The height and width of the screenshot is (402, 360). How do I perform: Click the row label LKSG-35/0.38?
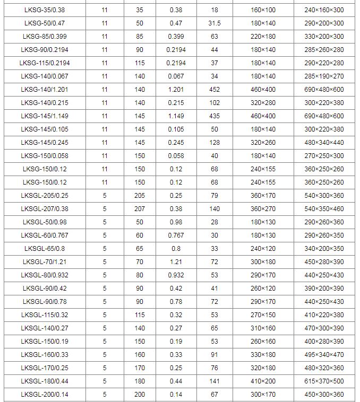click(x=45, y=10)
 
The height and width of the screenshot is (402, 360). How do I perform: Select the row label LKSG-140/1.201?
click(x=45, y=90)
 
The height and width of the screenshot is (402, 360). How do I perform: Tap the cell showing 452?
click(x=215, y=90)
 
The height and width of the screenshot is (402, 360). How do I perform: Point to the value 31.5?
click(x=215, y=23)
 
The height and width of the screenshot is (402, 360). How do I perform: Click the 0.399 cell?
click(x=176, y=37)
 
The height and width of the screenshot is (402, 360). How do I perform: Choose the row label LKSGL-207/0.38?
click(x=45, y=209)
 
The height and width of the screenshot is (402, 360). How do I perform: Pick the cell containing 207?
click(x=140, y=209)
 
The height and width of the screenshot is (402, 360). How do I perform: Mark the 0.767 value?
click(x=176, y=235)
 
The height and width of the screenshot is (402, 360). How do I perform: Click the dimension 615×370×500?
click(x=324, y=381)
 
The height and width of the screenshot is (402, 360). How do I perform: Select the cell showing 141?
click(x=215, y=381)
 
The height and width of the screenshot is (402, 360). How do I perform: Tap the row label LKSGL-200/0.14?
click(x=45, y=395)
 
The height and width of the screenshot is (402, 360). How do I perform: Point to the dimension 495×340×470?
click(x=324, y=355)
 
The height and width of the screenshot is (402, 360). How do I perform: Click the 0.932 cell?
click(x=176, y=275)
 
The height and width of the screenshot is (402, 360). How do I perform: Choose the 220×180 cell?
click(x=263, y=37)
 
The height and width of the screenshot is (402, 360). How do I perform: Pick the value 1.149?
click(x=176, y=116)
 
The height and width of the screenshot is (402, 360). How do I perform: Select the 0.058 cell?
click(x=176, y=156)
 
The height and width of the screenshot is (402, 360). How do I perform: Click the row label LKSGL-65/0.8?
click(x=45, y=249)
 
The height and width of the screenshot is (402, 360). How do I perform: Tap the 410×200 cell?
click(x=263, y=381)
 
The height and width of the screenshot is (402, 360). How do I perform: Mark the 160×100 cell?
click(x=263, y=10)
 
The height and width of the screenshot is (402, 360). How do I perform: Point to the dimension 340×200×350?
click(x=324, y=249)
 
